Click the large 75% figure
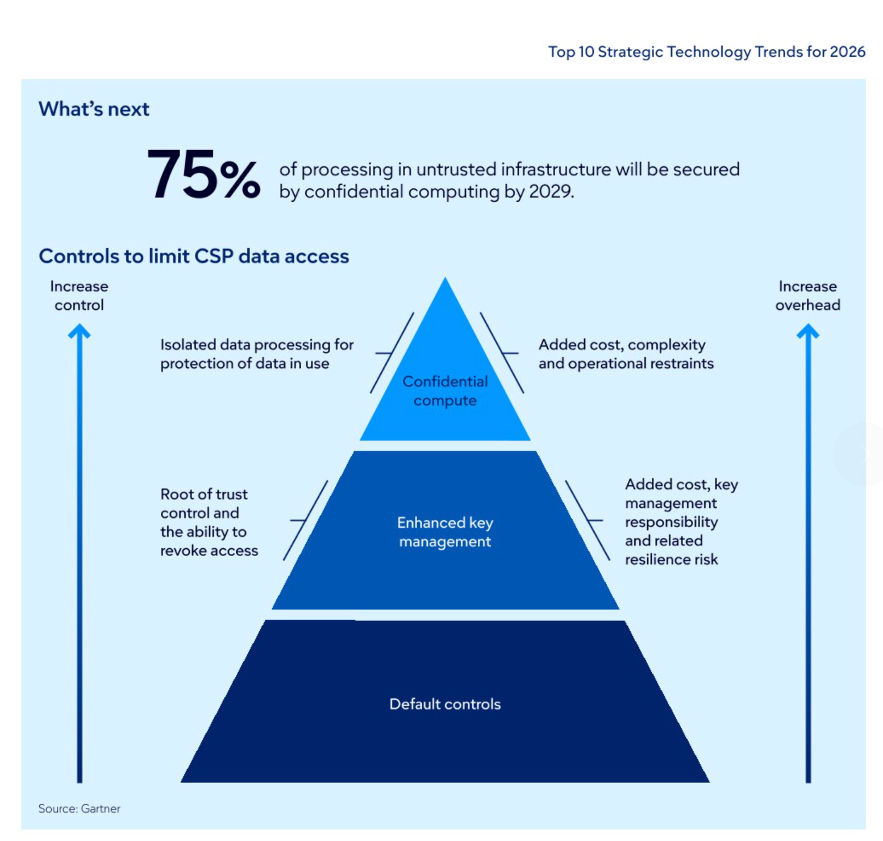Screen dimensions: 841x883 (203, 175)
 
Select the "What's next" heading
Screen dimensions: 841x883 (94, 109)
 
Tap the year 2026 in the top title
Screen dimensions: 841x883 (847, 52)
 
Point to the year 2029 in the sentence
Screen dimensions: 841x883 (550, 192)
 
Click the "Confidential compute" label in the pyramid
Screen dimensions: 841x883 (445, 391)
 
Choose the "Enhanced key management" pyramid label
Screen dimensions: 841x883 (445, 532)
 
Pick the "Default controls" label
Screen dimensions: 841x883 (445, 704)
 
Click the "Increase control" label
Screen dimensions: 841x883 (79, 295)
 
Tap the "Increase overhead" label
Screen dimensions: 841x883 (807, 295)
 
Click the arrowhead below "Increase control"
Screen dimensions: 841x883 (80, 332)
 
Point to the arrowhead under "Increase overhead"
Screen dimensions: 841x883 (807, 332)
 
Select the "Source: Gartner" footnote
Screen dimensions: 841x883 (79, 808)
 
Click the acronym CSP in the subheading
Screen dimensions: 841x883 (214, 256)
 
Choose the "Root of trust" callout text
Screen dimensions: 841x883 (204, 494)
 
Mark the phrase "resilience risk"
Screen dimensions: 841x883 (671, 560)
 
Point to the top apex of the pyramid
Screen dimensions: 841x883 (445, 280)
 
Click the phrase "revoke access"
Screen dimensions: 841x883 (209, 550)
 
